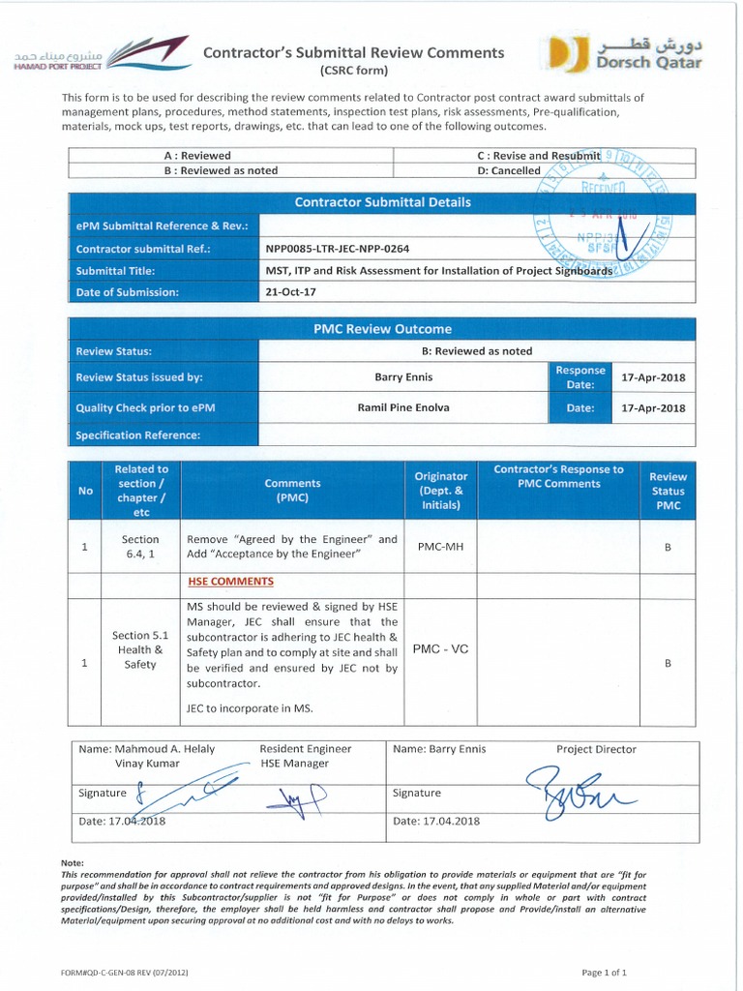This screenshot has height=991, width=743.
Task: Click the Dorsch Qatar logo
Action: coord(624,55)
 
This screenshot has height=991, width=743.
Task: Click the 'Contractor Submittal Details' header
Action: coord(382,202)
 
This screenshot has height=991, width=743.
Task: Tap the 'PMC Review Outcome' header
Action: coord(382,329)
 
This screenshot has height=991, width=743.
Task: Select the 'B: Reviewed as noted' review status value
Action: coord(477,351)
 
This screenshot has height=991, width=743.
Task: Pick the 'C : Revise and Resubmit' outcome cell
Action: coord(538,155)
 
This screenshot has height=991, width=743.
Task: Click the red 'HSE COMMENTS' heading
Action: coord(230,582)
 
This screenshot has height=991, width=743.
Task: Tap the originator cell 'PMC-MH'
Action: coord(440,547)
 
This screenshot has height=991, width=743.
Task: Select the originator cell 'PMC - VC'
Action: coord(440,648)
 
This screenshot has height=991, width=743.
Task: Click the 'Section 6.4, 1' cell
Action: coord(140,547)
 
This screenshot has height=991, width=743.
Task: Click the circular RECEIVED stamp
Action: coord(604,215)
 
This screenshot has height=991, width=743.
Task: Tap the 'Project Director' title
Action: coord(596,749)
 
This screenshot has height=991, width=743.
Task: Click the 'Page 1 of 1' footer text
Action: coord(604,972)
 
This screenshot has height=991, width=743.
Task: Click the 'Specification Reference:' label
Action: coord(137,435)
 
